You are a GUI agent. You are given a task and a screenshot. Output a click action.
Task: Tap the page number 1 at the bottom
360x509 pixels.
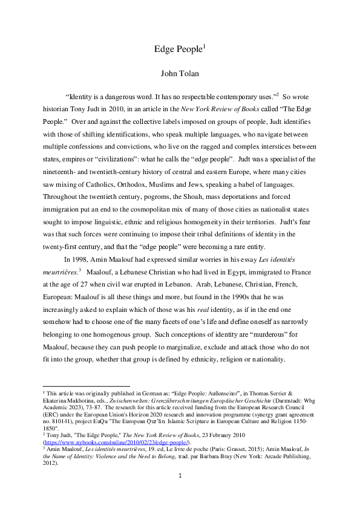(180, 493)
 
